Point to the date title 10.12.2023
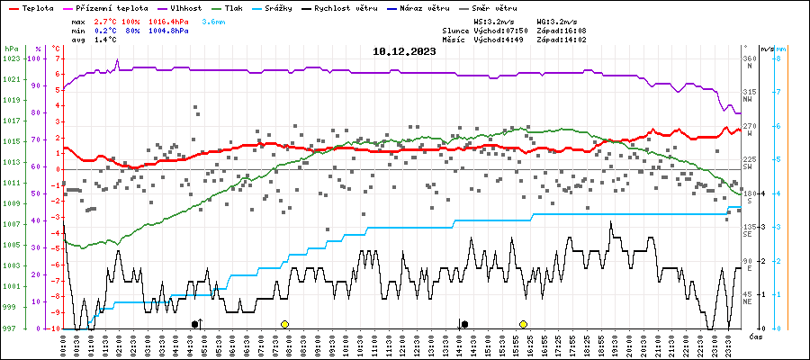click(404, 51)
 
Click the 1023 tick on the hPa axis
click(11, 58)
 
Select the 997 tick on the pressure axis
click(11, 328)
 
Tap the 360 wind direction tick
click(749, 58)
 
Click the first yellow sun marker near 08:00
click(284, 324)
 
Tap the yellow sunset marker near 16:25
click(523, 324)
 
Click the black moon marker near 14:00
click(464, 324)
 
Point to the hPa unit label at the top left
click(11, 48)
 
